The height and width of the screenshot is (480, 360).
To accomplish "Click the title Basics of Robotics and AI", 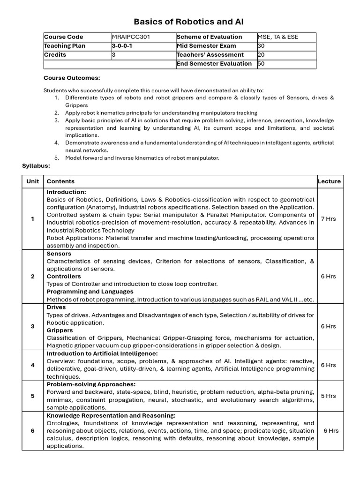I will [188, 22].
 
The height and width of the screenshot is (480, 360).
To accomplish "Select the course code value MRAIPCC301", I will [131, 37].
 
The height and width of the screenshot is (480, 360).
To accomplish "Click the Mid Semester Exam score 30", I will [261, 46].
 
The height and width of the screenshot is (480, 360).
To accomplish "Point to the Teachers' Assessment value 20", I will [261, 55].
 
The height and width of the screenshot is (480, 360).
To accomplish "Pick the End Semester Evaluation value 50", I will [261, 64].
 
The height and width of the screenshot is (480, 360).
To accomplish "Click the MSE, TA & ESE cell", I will [277, 37].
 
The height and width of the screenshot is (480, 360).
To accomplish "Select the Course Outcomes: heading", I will [72, 78].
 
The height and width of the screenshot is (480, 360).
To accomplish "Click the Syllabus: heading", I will [36, 166].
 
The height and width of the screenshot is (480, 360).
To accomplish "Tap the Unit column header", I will [33, 181].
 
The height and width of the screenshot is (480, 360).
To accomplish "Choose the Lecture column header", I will [329, 181].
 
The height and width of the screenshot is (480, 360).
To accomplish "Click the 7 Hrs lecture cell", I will [328, 219].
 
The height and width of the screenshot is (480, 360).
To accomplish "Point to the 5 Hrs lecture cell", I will [328, 396].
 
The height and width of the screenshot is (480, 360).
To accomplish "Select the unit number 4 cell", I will [33, 365].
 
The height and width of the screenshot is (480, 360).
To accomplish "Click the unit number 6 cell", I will [33, 431].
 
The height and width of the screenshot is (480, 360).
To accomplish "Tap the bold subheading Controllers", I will [63, 277].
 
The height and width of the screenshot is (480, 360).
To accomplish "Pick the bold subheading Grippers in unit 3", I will [60, 330].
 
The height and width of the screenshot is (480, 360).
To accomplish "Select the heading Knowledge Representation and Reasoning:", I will [111, 416].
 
